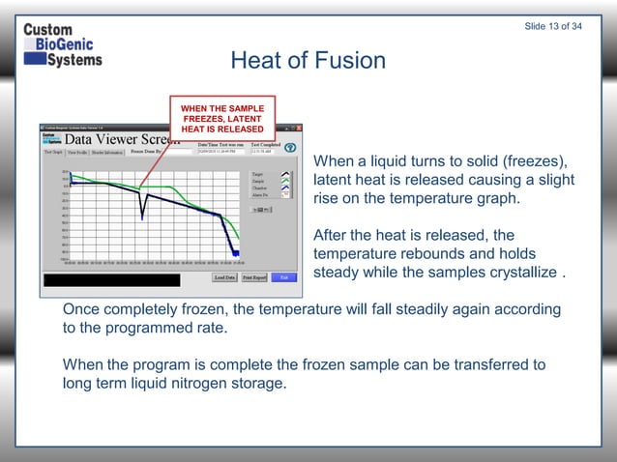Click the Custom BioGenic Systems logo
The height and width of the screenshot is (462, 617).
click(62, 44)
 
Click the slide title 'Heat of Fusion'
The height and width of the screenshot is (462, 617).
click(308, 61)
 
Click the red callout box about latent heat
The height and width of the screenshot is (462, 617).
click(221, 117)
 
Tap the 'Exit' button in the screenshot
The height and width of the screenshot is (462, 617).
click(283, 277)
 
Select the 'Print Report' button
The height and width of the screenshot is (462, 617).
click(254, 277)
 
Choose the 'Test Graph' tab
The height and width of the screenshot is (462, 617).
click(53, 152)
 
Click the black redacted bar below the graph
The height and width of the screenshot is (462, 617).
click(112, 280)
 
